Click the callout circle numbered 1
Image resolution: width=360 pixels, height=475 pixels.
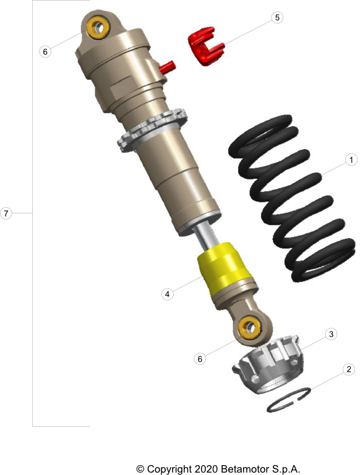[351, 160]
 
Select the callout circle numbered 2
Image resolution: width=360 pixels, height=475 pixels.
[349, 369]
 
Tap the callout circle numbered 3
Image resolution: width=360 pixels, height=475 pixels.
[331, 334]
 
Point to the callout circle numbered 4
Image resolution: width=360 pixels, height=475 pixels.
[167, 294]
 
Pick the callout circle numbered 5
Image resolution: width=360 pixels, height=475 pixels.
[277, 17]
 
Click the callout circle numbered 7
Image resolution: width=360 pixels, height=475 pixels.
[6, 213]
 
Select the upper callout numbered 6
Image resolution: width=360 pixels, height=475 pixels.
[45, 51]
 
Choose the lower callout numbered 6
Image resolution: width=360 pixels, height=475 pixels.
[200, 359]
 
